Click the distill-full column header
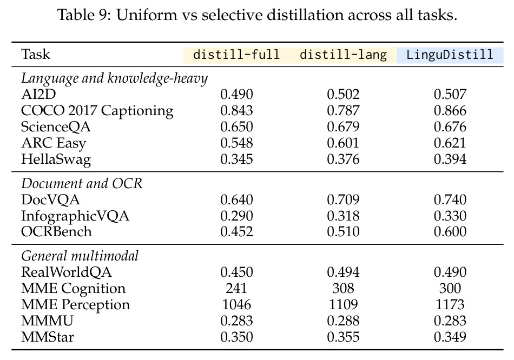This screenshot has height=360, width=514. point(236,55)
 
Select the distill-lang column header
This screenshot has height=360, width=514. point(343,55)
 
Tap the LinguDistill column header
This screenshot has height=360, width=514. point(450,55)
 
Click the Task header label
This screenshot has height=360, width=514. point(35,55)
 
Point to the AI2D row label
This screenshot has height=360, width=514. point(38,95)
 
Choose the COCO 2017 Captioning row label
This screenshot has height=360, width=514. point(97,111)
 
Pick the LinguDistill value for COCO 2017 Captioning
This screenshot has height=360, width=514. point(450,111)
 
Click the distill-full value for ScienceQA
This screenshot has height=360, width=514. point(236,127)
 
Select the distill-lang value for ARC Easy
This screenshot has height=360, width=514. point(343,143)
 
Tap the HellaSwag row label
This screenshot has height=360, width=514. point(56,159)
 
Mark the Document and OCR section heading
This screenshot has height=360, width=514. point(82,183)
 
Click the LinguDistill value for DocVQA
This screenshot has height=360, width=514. point(450,200)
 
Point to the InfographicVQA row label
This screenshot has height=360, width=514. point(75,216)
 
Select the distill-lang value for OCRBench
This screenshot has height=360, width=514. point(343,232)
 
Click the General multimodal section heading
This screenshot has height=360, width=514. point(80,256)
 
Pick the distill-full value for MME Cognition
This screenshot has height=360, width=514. point(236,289)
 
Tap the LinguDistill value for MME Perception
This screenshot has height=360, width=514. point(450,305)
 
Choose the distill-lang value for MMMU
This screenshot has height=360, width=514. point(343,321)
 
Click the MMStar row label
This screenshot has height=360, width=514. point(48,337)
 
